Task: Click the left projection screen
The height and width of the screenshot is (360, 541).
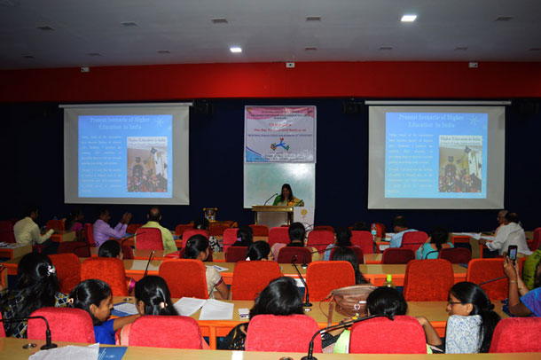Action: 126,155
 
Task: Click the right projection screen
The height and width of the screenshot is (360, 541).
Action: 435,156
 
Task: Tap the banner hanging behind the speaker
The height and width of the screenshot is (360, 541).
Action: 279,134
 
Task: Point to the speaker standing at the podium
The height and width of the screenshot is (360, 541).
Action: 287,196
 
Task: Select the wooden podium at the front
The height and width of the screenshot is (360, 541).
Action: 272,215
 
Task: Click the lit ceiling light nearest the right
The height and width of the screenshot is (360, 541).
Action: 407,18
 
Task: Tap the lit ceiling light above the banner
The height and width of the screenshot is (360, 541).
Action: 235,50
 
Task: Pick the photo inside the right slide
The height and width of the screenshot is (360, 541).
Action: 461,163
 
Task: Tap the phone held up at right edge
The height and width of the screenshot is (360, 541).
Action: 512,254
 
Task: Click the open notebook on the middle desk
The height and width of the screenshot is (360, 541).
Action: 203,308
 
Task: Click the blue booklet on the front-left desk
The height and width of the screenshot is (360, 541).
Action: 112,353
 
